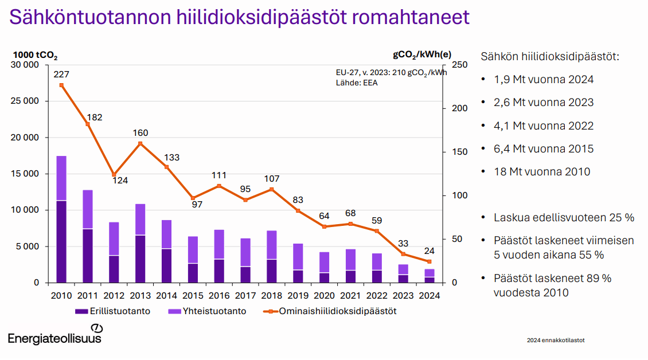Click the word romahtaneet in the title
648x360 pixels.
(411, 17)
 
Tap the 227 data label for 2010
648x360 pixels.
(61, 75)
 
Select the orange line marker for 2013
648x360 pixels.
(140, 144)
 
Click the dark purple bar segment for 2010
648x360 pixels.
(61, 242)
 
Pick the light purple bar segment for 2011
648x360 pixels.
(88, 210)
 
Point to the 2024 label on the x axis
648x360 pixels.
(430, 296)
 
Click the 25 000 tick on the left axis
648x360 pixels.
(25, 101)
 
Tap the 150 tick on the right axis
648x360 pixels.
(460, 152)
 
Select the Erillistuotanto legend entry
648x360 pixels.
(112, 311)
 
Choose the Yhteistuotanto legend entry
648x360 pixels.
(207, 311)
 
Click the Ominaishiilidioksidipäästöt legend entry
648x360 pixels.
(330, 311)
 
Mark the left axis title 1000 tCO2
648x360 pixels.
(35, 56)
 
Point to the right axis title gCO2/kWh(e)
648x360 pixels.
(422, 55)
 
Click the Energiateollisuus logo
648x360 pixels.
(55, 335)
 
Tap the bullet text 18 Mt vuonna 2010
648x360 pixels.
(542, 171)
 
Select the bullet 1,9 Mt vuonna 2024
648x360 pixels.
(544, 79)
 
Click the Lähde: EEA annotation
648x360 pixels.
(357, 83)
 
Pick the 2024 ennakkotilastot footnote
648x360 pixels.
(556, 340)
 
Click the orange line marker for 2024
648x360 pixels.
(430, 261)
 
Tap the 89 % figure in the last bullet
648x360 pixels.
(599, 278)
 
